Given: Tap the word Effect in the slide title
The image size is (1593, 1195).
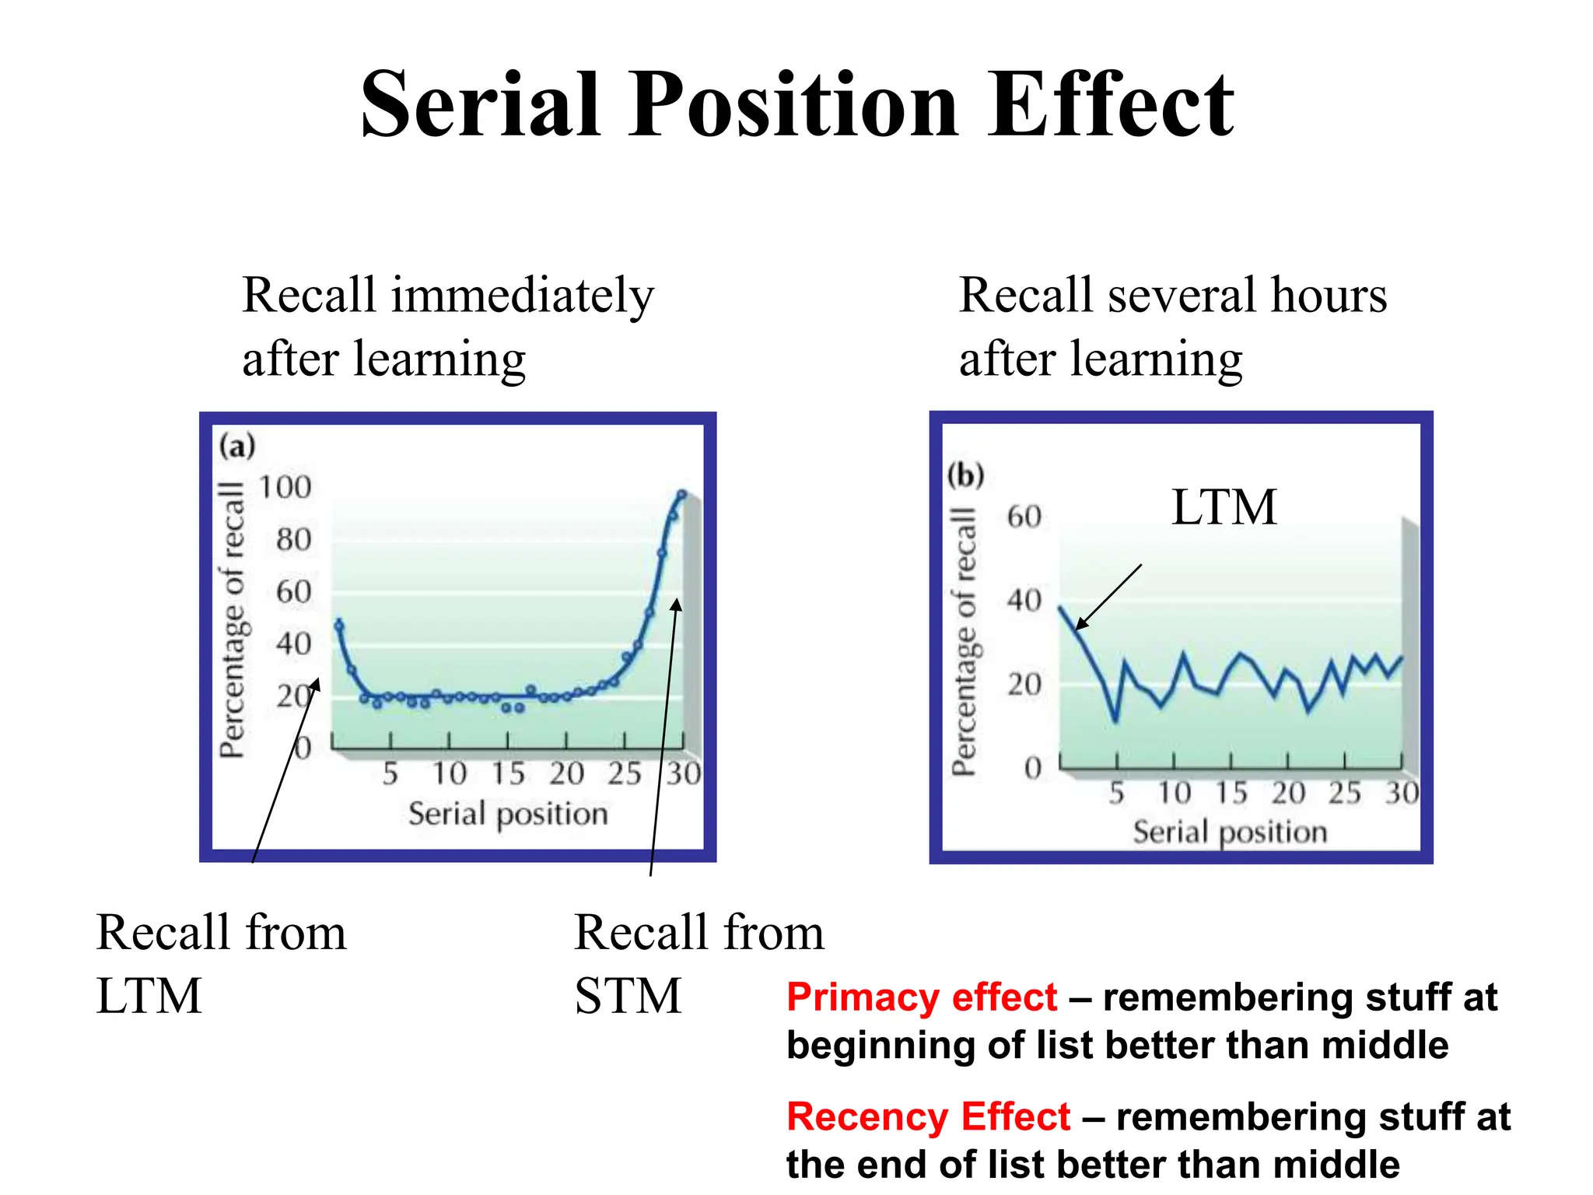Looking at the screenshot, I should (1110, 105).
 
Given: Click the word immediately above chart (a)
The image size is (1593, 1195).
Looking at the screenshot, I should (522, 296).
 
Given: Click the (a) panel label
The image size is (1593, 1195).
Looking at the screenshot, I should (236, 447).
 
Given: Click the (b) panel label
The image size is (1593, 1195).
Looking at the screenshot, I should (965, 475).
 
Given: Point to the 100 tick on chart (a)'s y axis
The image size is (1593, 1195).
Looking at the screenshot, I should (285, 488).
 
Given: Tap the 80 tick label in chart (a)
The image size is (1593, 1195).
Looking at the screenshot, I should (293, 540).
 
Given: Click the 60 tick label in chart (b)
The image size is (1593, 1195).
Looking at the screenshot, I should (1024, 517).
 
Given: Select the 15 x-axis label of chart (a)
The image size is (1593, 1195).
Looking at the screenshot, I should (508, 774).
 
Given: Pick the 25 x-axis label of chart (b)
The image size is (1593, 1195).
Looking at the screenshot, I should (1344, 794).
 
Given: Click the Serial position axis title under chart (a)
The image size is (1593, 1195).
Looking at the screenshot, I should (508, 815).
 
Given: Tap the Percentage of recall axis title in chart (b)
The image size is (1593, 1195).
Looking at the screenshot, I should (964, 642).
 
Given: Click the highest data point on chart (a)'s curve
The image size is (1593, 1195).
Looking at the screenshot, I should (682, 494).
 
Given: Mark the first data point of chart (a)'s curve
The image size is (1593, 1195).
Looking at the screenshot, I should (338, 625).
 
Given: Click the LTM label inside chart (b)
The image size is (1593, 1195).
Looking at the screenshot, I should (1224, 507).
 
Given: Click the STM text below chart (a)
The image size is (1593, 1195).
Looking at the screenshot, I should (627, 997).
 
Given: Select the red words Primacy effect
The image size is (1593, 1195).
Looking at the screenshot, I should (921, 998).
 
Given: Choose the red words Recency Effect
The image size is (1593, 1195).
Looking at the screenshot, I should (928, 1117).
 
